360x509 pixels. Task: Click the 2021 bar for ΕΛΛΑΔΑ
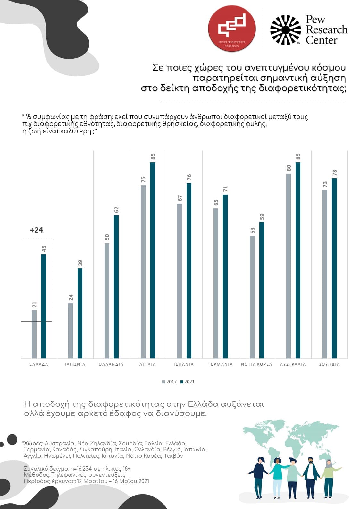tap(44, 306)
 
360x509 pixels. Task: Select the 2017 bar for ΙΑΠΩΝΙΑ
tap(71, 330)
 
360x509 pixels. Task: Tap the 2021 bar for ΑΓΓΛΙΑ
tap(153, 260)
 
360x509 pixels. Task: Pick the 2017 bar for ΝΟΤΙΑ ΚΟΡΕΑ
tap(252, 297)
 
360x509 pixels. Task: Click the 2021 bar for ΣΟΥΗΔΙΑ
tap(334, 268)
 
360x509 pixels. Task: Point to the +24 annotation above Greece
tap(37, 230)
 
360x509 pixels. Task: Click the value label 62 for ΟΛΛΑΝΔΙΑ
tap(116, 210)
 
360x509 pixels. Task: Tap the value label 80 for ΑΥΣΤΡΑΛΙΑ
tap(289, 168)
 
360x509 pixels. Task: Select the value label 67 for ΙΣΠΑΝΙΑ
tap(180, 198)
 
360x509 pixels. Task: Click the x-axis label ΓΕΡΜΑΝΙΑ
tap(220, 364)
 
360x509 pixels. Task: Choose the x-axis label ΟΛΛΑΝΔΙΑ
tap(111, 364)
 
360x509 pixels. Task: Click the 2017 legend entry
tap(170, 382)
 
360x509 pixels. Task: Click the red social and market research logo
tap(232, 29)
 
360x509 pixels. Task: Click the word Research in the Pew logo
tap(326, 30)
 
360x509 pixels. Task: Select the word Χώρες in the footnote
tap(33, 443)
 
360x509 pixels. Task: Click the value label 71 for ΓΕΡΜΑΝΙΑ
tap(225, 189)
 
